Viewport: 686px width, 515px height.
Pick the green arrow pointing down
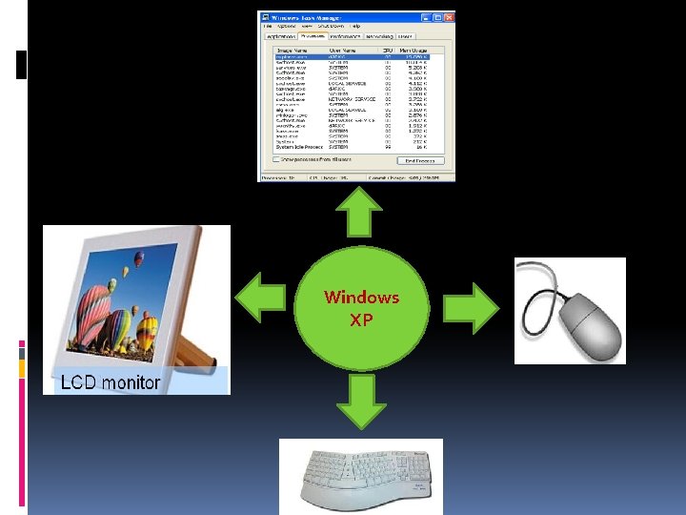pyautogui.click(x=360, y=402)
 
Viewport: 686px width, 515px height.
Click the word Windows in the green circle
pyautogui.click(x=361, y=297)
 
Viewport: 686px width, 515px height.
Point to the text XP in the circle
pyautogui.click(x=361, y=320)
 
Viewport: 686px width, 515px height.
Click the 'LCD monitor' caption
pyautogui.click(x=111, y=382)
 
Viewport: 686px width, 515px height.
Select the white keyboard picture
pyautogui.click(x=360, y=476)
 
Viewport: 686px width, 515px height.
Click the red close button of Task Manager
pyautogui.click(x=449, y=17)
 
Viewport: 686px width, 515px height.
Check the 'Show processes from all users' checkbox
pyautogui.click(x=276, y=160)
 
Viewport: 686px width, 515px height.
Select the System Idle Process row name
pyautogui.click(x=298, y=147)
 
